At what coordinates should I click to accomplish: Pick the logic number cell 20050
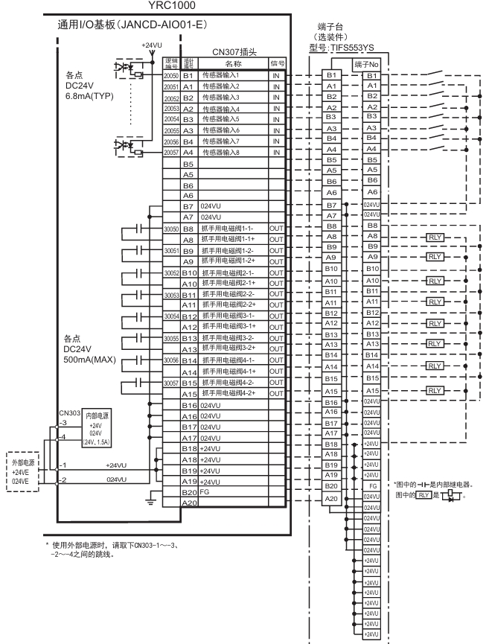[170, 77]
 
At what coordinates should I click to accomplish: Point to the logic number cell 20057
[170, 152]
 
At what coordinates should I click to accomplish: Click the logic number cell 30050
[170, 229]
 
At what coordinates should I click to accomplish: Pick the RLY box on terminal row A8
[434, 236]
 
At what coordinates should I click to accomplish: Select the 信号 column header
[277, 63]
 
